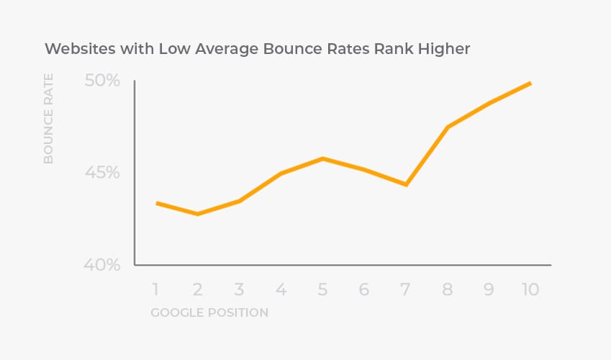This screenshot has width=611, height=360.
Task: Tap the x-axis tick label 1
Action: coord(155,289)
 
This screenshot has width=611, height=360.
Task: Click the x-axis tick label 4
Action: coord(281,289)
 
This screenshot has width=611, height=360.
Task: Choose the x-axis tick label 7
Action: coord(406,289)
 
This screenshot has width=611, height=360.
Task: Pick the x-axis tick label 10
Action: coord(530,289)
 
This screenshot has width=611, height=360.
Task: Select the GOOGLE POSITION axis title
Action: coord(209,312)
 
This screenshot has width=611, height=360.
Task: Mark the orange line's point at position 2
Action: coord(197,214)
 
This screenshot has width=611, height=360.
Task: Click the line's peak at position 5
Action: coord(322,158)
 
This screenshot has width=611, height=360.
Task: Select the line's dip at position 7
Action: coord(407,185)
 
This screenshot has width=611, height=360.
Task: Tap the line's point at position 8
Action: coord(448,127)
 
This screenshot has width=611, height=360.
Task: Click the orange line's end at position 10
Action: coord(530,84)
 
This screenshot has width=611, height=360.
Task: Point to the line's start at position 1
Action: coord(157,203)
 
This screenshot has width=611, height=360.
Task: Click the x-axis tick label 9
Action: coord(489,289)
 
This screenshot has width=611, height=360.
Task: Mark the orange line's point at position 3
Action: coord(239,201)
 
